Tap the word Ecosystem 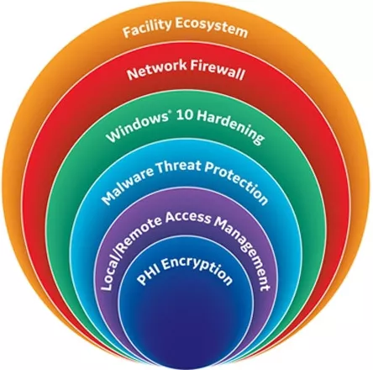click(212, 29)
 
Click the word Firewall click(218, 70)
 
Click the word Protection click(236, 182)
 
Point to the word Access click(187, 218)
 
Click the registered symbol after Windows click(169, 115)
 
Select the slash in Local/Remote click(118, 251)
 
